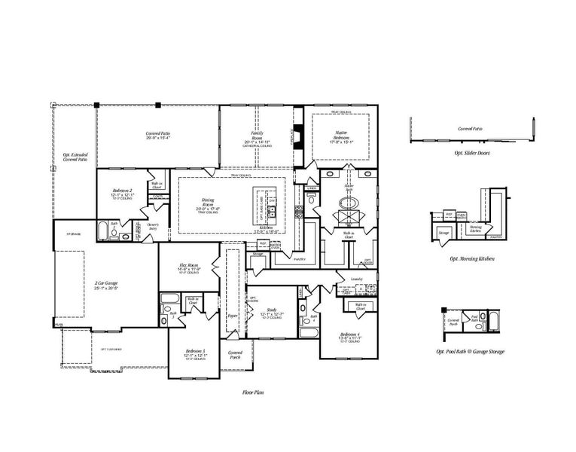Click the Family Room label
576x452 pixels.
[x=257, y=136]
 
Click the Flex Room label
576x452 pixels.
[x=188, y=267]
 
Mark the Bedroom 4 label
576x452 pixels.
[x=351, y=335]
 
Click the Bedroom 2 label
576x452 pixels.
[x=122, y=192]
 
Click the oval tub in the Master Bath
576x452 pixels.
[x=349, y=203]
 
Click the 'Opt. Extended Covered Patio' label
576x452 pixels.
[x=74, y=157]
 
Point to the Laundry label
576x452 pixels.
[x=357, y=279]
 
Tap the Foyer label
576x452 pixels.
[x=232, y=316]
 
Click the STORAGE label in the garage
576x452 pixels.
[x=73, y=234]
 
